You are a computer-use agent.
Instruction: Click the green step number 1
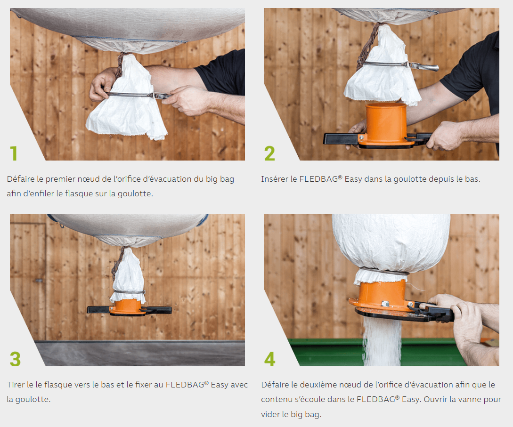tap(14, 153)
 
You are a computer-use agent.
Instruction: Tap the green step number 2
tap(269, 153)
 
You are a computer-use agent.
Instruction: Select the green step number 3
tap(15, 359)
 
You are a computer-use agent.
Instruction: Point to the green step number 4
tap(269, 359)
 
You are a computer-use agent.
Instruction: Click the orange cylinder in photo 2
tap(386, 121)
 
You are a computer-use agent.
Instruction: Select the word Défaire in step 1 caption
tap(21, 179)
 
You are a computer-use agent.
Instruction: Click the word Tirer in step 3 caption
tap(16, 385)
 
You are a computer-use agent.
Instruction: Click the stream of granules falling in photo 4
tap(382, 342)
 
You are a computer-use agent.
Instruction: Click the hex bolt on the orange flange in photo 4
tap(385, 304)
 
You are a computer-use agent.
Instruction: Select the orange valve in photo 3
tap(127, 308)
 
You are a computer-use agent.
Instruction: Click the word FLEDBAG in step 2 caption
tap(318, 179)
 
